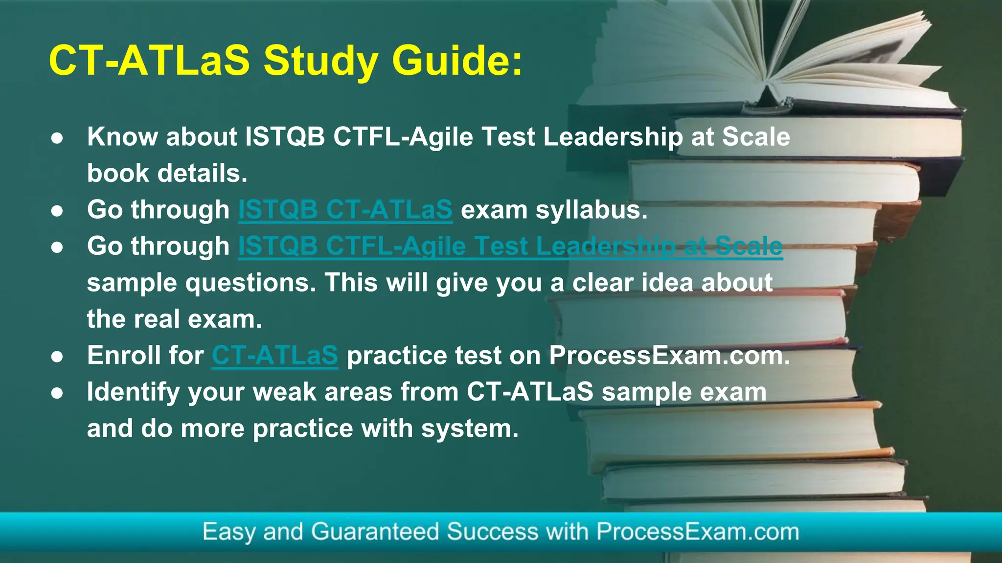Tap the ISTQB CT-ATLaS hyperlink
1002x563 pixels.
pyautogui.click(x=345, y=210)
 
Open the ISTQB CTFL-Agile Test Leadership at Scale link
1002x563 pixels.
pyautogui.click(x=510, y=246)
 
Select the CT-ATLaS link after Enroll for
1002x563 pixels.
pyautogui.click(x=274, y=356)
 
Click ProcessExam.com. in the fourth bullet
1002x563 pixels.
pyautogui.click(x=669, y=356)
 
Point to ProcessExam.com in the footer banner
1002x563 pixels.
pyautogui.click(x=697, y=532)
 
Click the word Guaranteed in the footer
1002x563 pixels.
pyautogui.click(x=375, y=532)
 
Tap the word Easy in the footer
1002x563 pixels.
pyautogui.click(x=228, y=532)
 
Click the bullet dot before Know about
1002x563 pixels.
pyautogui.click(x=57, y=138)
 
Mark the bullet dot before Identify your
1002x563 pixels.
pyautogui.click(x=57, y=393)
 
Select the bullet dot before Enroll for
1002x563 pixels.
pyautogui.click(x=57, y=357)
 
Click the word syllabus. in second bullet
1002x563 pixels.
pyautogui.click(x=592, y=210)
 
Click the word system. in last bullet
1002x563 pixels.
pyautogui.click(x=469, y=429)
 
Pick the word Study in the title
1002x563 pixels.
pyautogui.click(x=320, y=62)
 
